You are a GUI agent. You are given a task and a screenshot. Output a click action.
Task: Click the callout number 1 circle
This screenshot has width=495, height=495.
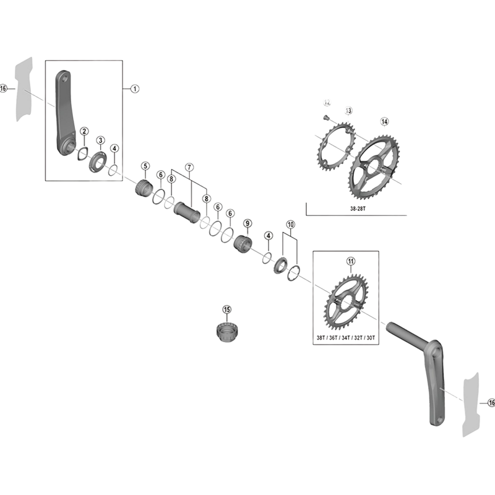[x=135, y=89]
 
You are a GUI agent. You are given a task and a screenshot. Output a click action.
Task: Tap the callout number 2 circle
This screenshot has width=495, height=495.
[x=84, y=131]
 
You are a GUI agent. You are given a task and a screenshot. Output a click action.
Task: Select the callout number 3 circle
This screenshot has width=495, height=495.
[x=100, y=140]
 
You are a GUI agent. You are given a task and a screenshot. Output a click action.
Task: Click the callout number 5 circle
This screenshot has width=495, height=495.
[x=145, y=166]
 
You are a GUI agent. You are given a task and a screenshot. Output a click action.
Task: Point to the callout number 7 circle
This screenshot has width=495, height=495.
[x=189, y=167]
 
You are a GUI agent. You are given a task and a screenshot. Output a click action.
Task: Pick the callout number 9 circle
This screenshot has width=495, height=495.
[x=247, y=224]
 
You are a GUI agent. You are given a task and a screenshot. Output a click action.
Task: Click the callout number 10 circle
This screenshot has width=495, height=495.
[x=290, y=225]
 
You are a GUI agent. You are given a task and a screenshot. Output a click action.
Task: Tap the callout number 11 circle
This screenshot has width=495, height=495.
[x=351, y=261]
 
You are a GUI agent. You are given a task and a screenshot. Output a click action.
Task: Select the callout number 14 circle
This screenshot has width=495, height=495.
[x=384, y=121]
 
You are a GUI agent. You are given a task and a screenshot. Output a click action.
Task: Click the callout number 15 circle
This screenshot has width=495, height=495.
[x=227, y=310]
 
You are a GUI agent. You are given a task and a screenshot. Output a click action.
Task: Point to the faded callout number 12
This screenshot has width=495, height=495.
[x=327, y=103]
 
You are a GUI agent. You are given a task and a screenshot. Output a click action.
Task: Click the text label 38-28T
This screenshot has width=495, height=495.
[x=358, y=209]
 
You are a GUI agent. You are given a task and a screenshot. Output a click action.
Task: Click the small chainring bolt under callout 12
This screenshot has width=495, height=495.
[x=326, y=118]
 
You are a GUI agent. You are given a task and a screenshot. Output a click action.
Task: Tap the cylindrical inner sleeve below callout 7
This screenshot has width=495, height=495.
[x=187, y=213]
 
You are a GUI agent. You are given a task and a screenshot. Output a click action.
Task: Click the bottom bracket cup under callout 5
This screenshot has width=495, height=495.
[x=144, y=189]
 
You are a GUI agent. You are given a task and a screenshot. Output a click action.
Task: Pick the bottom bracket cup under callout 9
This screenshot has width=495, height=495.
[x=243, y=244]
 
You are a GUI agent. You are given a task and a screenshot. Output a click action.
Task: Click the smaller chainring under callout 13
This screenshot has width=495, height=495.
[x=336, y=147]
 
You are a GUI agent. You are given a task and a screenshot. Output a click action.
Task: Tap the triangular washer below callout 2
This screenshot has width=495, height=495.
[x=82, y=153]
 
